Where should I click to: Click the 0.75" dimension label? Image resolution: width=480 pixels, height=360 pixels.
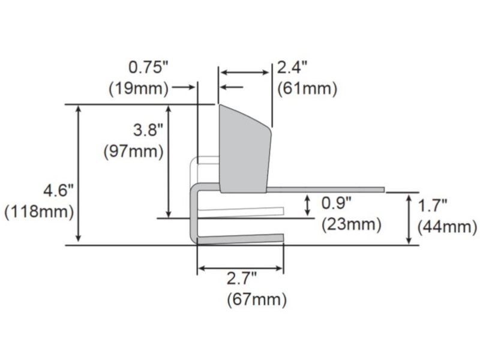tap(148, 67)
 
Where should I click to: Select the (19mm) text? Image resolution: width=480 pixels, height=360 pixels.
tap(139, 89)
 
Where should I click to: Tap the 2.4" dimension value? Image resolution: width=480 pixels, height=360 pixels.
tap(292, 67)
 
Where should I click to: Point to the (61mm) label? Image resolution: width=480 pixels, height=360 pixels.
tap(307, 89)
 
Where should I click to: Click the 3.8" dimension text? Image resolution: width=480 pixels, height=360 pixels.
tap(148, 130)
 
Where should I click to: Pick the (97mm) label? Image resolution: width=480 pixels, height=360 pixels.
tap(133, 152)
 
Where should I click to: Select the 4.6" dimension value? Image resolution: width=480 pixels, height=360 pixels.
tap(59, 191)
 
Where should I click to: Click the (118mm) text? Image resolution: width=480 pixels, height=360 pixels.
tap(39, 212)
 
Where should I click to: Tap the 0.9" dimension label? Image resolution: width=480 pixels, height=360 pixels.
tap(337, 203)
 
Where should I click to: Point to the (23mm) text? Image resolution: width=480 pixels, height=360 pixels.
tap(352, 224)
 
